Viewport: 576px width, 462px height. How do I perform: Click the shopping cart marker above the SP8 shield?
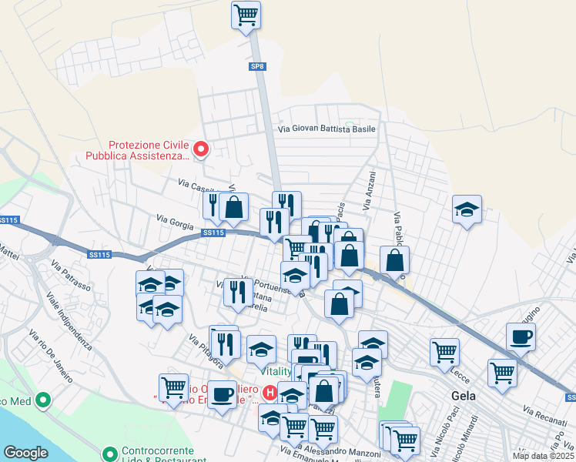click(x=246, y=15)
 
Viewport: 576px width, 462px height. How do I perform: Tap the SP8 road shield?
click(x=258, y=67)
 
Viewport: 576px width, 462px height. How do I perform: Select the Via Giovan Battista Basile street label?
click(x=327, y=129)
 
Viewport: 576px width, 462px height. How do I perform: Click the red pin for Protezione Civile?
click(x=201, y=149)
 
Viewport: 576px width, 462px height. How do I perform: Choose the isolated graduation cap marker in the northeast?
click(x=467, y=210)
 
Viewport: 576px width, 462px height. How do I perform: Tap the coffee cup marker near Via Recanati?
click(x=521, y=336)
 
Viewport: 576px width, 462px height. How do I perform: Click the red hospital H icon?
click(x=270, y=393)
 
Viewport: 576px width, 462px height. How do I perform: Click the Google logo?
click(x=25, y=452)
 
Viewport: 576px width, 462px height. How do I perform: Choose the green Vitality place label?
click(x=275, y=371)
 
